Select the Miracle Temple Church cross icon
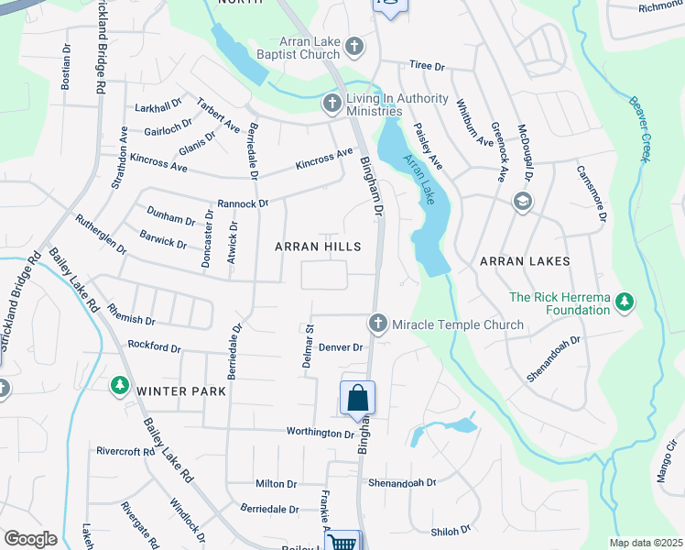click(x=376, y=324)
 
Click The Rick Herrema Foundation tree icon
click(x=625, y=302)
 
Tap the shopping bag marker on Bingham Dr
click(x=357, y=399)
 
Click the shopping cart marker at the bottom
click(x=342, y=543)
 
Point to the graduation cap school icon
click(x=522, y=202)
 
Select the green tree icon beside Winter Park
click(x=118, y=386)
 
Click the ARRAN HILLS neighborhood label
click(x=319, y=247)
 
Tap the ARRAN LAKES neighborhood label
click(x=525, y=261)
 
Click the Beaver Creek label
click(x=638, y=128)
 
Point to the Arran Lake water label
click(x=419, y=176)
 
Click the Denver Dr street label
click(x=342, y=347)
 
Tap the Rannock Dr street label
click(x=242, y=203)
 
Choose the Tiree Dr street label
click(x=427, y=67)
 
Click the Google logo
click(x=30, y=539)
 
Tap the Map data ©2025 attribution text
click(x=646, y=543)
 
